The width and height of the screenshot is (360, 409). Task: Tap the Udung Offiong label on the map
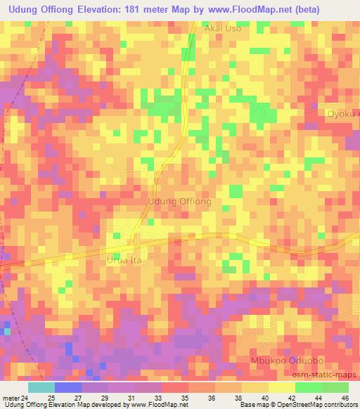pos(179,201)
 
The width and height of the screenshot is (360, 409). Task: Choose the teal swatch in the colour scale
pos(41,387)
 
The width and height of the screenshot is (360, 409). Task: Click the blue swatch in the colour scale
pos(68,387)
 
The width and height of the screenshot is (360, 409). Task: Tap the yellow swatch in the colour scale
pos(282,387)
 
